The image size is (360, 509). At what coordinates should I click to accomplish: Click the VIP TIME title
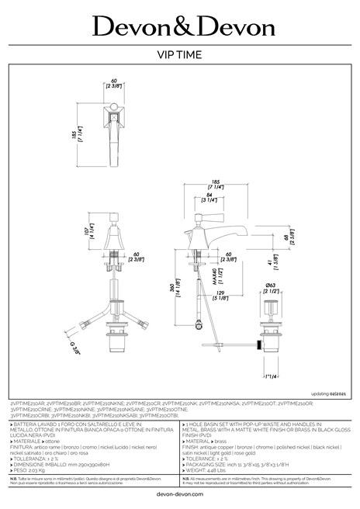point(180,55)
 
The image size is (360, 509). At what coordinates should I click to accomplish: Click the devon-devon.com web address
point(180,493)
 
